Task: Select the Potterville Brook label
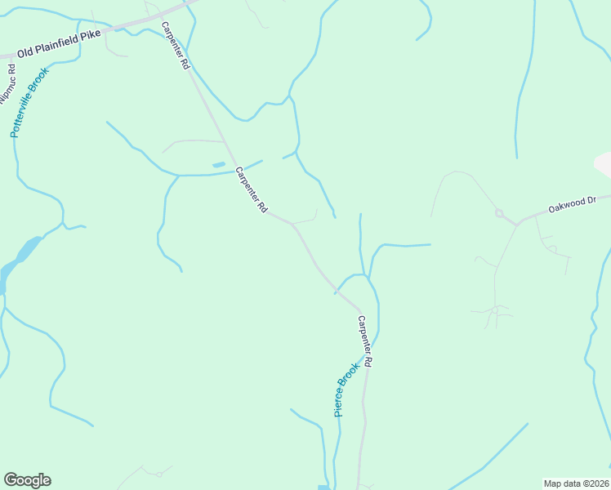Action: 30,102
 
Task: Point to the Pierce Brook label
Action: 347,390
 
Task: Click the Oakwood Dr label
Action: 573,203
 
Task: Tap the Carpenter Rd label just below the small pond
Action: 252,190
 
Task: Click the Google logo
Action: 27,480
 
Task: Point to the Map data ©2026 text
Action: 576,483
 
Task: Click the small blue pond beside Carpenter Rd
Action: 219,165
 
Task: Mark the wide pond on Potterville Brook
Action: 28,247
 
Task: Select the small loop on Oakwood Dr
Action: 498,214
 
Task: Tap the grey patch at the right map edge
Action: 604,163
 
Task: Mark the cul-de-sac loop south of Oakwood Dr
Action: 495,310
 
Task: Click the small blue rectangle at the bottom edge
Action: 323,488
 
